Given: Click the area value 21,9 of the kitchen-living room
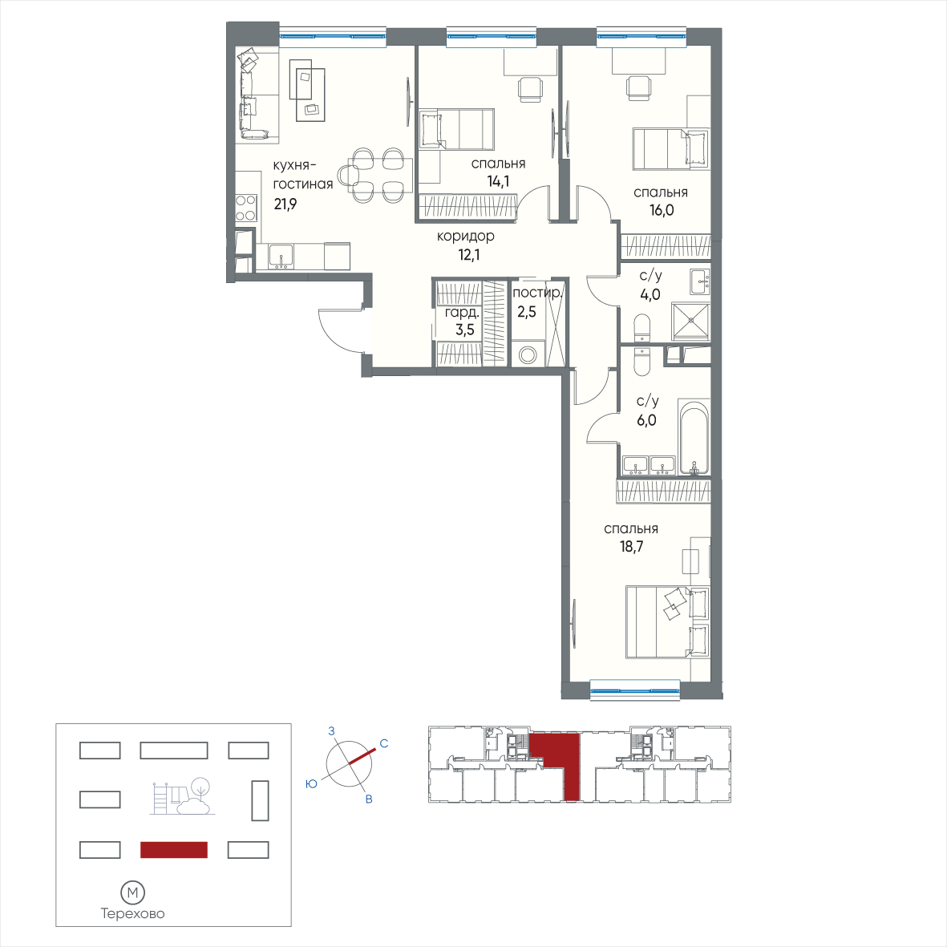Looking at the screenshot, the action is pos(285,204).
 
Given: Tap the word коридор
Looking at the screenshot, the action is pos(466,236).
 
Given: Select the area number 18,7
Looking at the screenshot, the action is pos(631,547).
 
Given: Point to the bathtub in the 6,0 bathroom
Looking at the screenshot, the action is pos(694,437).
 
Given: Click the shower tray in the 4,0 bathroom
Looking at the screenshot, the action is pos(692,320).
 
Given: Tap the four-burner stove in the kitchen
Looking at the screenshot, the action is pos(246,208).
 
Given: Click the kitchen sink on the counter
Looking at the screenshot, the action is pos(281,257).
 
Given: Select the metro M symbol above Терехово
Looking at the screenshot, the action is pos(133,892).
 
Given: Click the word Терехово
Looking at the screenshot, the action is pos(133,913).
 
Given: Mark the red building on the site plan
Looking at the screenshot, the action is pos(174,850).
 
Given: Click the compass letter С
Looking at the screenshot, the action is pos(383,743).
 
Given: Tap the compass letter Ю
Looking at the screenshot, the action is pos(312,784).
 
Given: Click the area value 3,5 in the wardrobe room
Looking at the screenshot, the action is pos(465,330).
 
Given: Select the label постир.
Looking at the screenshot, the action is pos(537,293).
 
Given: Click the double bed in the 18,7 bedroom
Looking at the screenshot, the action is pos(668,621).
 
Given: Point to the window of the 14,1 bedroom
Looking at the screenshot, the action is pos(492,38).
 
